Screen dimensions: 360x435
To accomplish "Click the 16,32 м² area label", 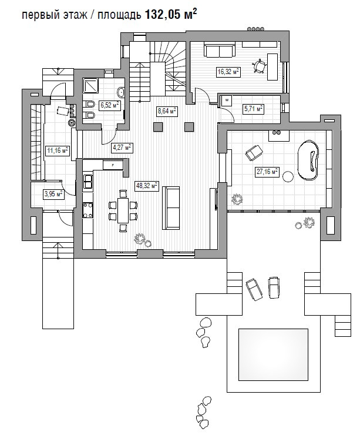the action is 228,72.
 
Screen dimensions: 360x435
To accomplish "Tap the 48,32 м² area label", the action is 147,186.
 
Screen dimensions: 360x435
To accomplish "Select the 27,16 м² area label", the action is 267,172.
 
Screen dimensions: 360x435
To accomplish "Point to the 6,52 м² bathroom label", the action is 110,105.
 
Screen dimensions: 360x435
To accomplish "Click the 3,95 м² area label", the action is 53,194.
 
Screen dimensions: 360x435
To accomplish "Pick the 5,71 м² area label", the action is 253,109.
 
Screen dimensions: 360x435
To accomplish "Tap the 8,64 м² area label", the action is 167,111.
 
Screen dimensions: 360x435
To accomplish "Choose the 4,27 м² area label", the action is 122,148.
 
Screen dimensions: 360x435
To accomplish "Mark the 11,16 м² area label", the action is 58,150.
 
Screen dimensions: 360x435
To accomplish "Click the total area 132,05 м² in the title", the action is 171,14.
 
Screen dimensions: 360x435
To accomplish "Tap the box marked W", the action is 227,101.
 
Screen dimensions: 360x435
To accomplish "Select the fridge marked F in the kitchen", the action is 113,165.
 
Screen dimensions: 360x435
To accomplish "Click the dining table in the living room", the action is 123,210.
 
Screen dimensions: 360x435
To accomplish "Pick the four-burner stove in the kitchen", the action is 88,210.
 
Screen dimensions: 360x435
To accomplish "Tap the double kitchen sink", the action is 88,182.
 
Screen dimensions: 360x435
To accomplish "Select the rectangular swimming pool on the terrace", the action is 273,354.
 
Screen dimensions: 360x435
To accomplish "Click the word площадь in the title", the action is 119,15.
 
